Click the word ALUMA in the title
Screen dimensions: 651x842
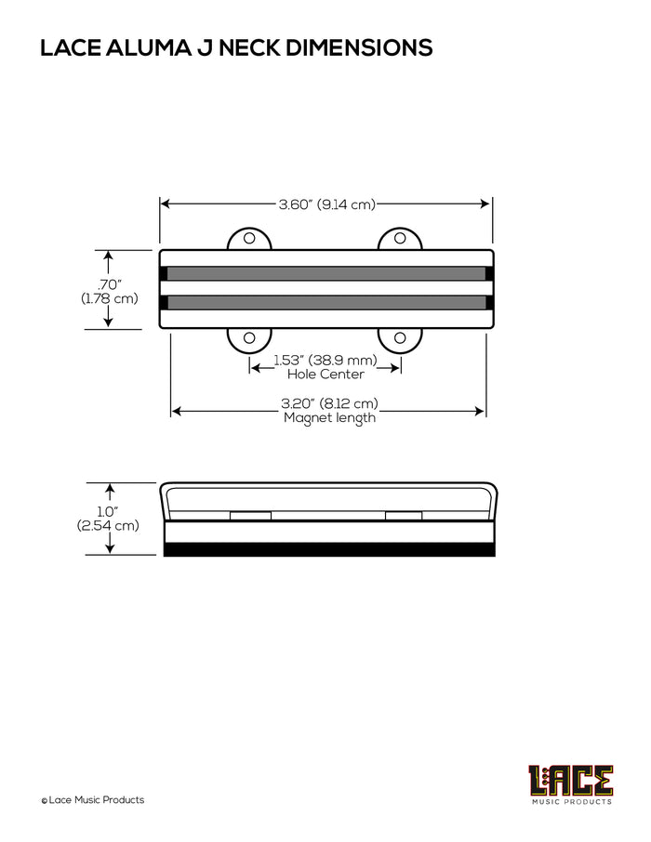pyautogui.click(x=149, y=47)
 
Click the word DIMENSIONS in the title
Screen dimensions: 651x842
pyautogui.click(x=359, y=47)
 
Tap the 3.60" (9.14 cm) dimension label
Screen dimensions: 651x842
pyautogui.click(x=326, y=204)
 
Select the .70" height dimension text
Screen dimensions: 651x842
pyautogui.click(x=109, y=284)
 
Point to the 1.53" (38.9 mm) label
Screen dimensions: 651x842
pyautogui.click(x=325, y=360)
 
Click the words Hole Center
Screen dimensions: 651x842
pyautogui.click(x=325, y=375)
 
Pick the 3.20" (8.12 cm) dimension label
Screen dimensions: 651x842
pyautogui.click(x=329, y=403)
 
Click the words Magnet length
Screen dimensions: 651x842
pyautogui.click(x=329, y=418)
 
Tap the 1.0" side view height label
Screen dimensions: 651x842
pyautogui.click(x=108, y=512)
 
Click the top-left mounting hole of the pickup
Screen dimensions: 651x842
pyautogui.click(x=249, y=238)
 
